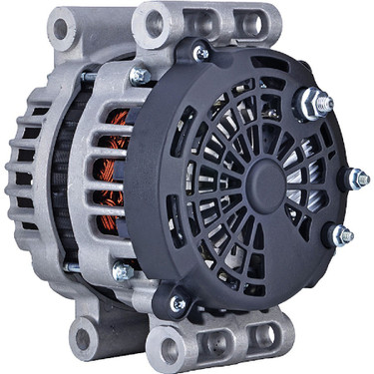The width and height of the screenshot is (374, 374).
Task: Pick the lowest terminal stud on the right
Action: (341, 235)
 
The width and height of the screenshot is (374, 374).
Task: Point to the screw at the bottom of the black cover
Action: (179, 303)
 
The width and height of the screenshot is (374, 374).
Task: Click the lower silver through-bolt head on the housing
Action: (123, 270)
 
